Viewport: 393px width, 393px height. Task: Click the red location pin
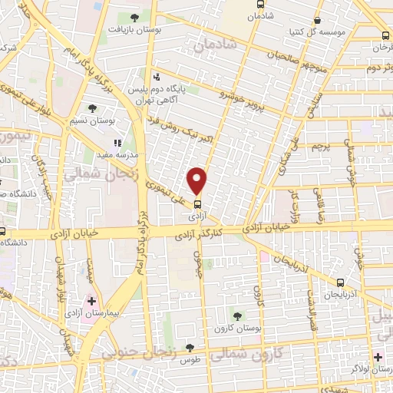coord(198,180)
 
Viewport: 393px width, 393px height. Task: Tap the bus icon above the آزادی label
coord(198,204)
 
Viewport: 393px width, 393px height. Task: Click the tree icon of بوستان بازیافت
coord(135,17)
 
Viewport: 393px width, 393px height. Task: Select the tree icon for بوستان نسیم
coord(93,108)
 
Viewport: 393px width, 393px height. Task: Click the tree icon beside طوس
coord(190,348)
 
